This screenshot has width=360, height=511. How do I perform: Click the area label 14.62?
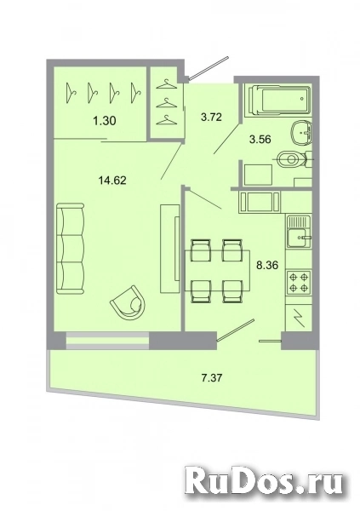112,180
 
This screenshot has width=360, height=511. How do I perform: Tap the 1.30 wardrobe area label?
104,121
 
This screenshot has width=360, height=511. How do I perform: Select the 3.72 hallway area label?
211,117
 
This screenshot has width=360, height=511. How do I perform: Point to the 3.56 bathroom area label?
260,140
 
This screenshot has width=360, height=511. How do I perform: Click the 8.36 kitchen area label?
267,265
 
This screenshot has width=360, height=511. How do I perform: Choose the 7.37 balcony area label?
212,377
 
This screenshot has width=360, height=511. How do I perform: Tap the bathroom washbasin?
301,133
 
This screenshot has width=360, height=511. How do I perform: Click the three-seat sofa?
71,248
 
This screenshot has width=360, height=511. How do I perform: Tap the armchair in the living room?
128,303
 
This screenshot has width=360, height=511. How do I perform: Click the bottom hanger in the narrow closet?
166,120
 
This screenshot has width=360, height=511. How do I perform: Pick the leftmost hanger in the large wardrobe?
71,93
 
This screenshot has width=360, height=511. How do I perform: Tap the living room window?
108,341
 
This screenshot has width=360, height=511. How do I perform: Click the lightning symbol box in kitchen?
299,318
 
